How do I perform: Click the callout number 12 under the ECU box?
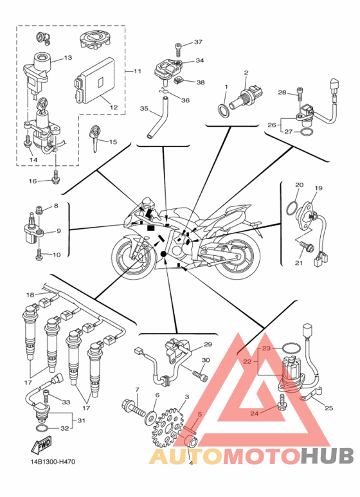(113, 107)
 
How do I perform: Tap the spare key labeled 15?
(95, 138)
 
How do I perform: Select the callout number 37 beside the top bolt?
(198, 42)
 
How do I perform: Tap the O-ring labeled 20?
(292, 208)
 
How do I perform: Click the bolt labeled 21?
(307, 246)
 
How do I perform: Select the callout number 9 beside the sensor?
(59, 231)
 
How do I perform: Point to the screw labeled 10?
(39, 255)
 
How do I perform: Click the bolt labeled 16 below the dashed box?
(56, 177)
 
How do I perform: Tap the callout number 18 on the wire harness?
(30, 294)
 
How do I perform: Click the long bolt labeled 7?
(134, 409)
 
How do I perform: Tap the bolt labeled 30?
(200, 374)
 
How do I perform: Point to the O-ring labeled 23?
(291, 348)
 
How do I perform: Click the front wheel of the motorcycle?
(134, 257)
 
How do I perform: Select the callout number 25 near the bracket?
(329, 408)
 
